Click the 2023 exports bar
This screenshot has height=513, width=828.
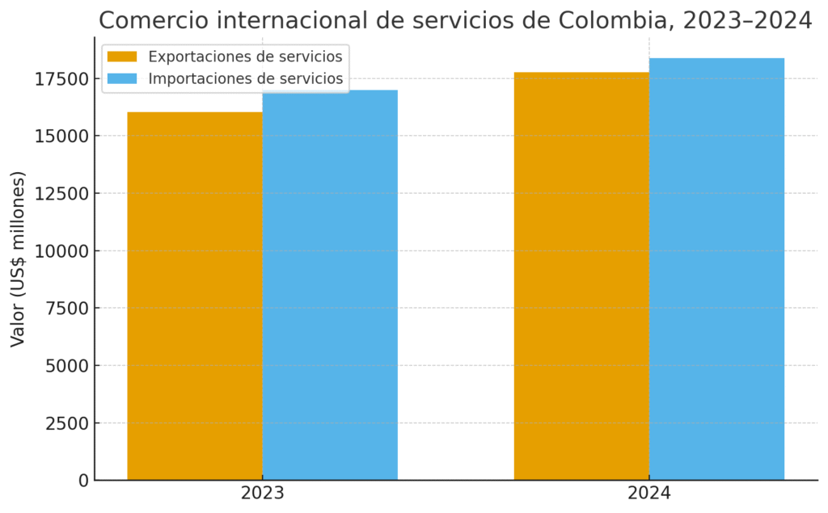195,296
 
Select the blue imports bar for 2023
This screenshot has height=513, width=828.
330,284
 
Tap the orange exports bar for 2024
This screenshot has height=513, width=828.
581,276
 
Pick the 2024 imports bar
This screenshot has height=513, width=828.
716,269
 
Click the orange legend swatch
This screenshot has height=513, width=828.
122,57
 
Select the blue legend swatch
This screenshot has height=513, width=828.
122,79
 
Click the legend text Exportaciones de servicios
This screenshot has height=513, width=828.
246,57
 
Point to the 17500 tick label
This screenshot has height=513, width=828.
61,78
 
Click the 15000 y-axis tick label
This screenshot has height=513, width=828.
61,136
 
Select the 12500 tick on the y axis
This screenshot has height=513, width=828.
61,193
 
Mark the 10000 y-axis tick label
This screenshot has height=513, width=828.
61,250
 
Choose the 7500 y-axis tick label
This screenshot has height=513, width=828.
66,308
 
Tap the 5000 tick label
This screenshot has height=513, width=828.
66,365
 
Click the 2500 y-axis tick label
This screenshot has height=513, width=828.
66,423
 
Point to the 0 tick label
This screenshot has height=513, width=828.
83,480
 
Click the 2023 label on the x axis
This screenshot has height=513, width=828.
262,493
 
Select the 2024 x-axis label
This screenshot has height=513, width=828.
649,493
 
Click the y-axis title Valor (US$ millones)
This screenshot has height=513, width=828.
18,259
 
